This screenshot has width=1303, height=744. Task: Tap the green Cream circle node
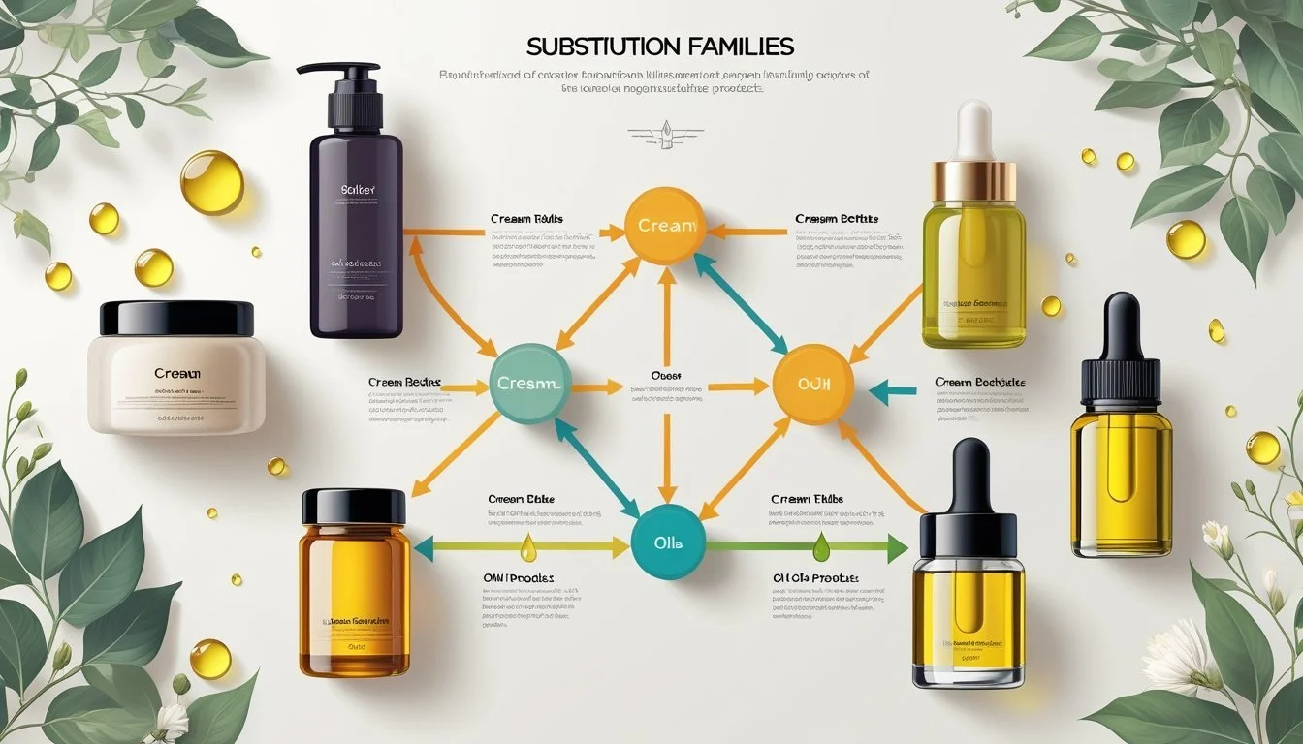526,384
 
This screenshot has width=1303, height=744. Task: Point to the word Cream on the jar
176,373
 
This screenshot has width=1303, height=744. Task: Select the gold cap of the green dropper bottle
974,181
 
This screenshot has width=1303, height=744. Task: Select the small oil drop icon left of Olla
528,546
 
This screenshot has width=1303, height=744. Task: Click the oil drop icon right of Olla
821,546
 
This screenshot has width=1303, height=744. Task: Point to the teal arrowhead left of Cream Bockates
880,392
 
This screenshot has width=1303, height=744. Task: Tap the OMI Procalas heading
519,577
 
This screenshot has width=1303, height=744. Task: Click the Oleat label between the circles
665,374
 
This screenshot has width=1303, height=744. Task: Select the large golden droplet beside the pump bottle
211,181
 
